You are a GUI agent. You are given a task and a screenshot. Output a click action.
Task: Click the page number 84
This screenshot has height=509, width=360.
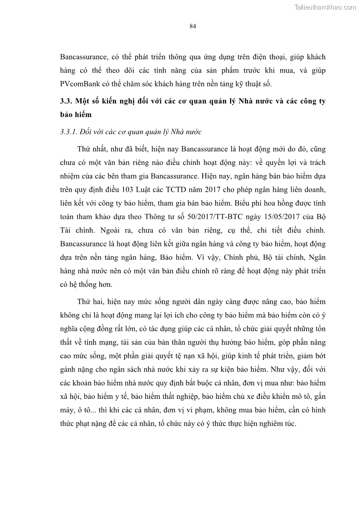[192, 26]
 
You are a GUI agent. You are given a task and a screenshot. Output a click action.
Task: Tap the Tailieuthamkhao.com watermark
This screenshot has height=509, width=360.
[326, 7]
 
